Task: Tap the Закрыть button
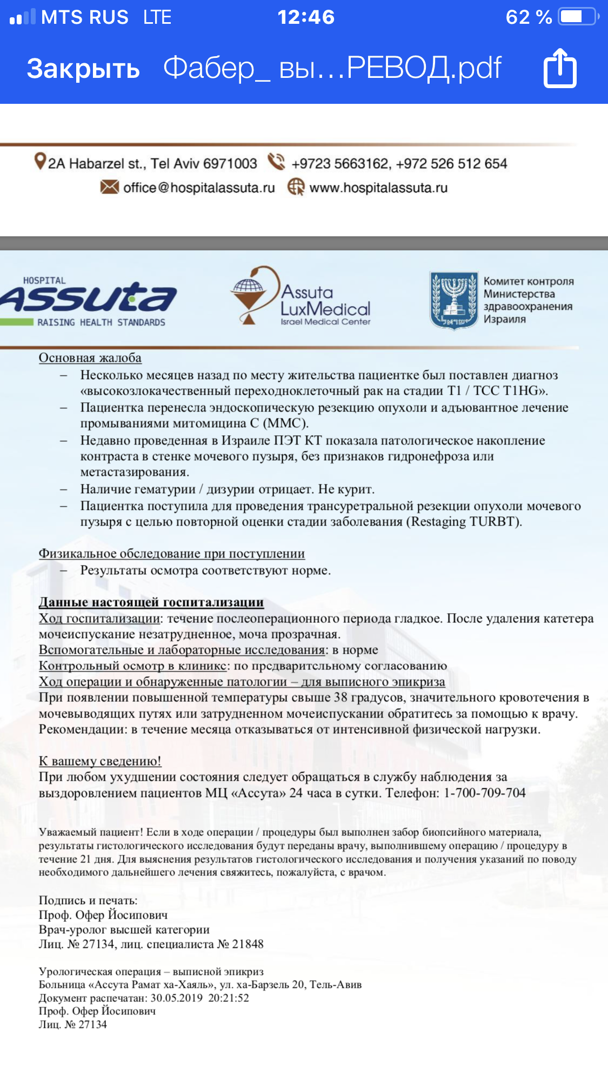pyautogui.click(x=83, y=69)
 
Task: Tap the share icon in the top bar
pyautogui.click(x=560, y=68)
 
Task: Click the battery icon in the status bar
pyautogui.click(x=577, y=17)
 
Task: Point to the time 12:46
pyautogui.click(x=306, y=17)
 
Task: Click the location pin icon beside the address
pyautogui.click(x=39, y=161)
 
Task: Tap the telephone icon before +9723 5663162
pyautogui.click(x=277, y=162)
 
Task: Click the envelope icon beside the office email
pyautogui.click(x=109, y=187)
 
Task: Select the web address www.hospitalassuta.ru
pyautogui.click(x=378, y=188)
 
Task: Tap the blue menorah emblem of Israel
pyautogui.click(x=454, y=300)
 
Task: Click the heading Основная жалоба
pyautogui.click(x=90, y=358)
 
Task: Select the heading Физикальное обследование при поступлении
pyautogui.click(x=171, y=554)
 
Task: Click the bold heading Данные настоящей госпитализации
pyautogui.click(x=151, y=602)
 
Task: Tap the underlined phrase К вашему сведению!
pyautogui.click(x=100, y=761)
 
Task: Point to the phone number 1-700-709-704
pyautogui.click(x=484, y=793)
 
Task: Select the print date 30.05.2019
pyautogui.click(x=176, y=998)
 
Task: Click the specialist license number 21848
pyautogui.click(x=248, y=944)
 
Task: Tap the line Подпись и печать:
pyautogui.click(x=88, y=900)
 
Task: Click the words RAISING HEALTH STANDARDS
pyautogui.click(x=101, y=322)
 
